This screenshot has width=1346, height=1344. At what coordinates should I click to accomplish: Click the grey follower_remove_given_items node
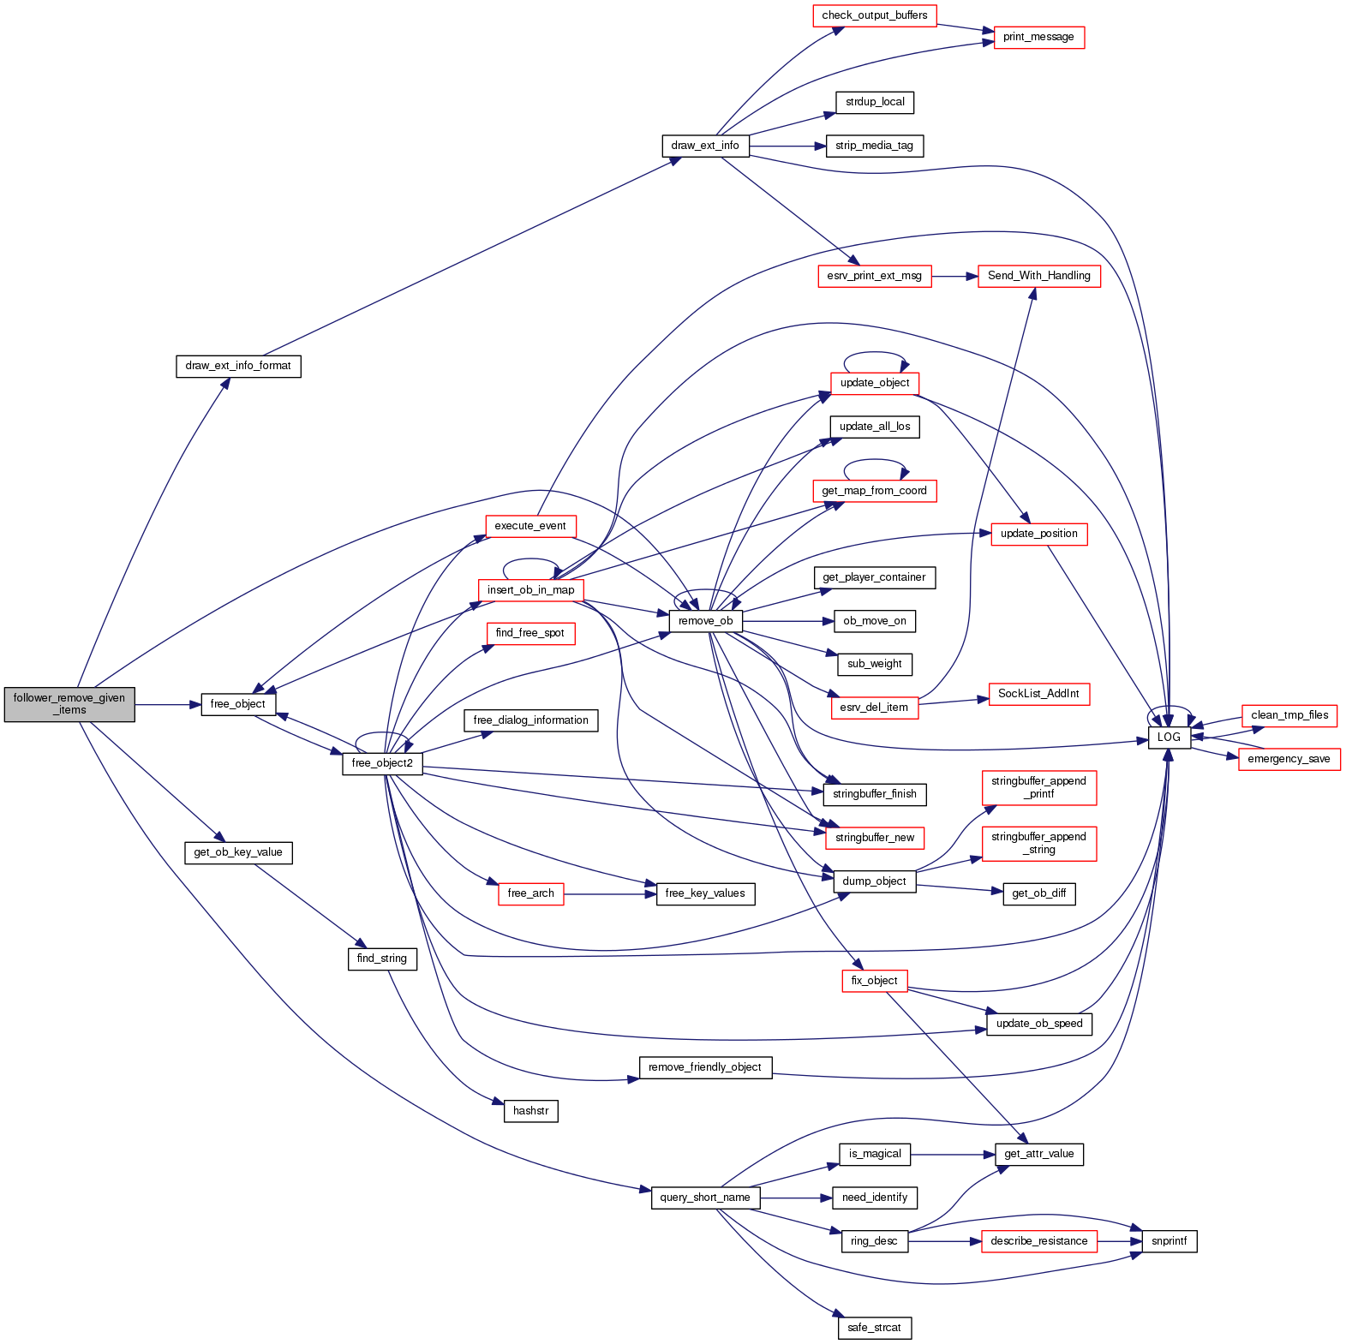(x=69, y=704)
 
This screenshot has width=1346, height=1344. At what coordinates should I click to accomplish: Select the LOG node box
(x=1169, y=738)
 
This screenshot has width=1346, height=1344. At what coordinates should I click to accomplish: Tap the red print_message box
(x=1038, y=38)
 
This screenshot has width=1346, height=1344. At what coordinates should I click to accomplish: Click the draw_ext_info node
(x=705, y=146)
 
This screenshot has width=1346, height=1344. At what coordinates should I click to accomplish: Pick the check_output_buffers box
(x=874, y=15)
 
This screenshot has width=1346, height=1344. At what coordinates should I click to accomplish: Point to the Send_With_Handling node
(x=1038, y=276)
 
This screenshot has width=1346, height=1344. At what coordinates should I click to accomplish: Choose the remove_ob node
(x=705, y=621)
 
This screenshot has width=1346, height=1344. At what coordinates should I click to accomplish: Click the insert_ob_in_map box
(x=530, y=590)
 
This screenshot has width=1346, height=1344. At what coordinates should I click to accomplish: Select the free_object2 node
(x=382, y=763)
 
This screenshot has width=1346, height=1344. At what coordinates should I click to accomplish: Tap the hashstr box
(x=530, y=1111)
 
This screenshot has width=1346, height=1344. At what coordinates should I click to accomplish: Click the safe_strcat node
(x=874, y=1328)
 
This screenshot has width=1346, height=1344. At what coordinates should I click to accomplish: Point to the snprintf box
(x=1169, y=1241)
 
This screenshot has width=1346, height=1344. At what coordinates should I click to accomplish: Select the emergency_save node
(x=1289, y=759)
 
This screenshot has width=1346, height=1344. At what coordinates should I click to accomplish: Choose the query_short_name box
(x=705, y=1198)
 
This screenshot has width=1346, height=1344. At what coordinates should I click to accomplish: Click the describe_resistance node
(x=1038, y=1241)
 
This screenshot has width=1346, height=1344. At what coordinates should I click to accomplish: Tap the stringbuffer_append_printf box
(x=1038, y=787)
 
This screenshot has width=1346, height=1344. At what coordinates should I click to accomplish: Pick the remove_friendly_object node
(x=705, y=1067)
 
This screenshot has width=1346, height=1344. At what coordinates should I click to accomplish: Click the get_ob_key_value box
(x=238, y=852)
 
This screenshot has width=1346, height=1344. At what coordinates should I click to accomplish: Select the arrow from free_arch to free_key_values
(x=609, y=894)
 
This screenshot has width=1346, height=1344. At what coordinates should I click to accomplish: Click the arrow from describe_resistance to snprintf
(x=1119, y=1241)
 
